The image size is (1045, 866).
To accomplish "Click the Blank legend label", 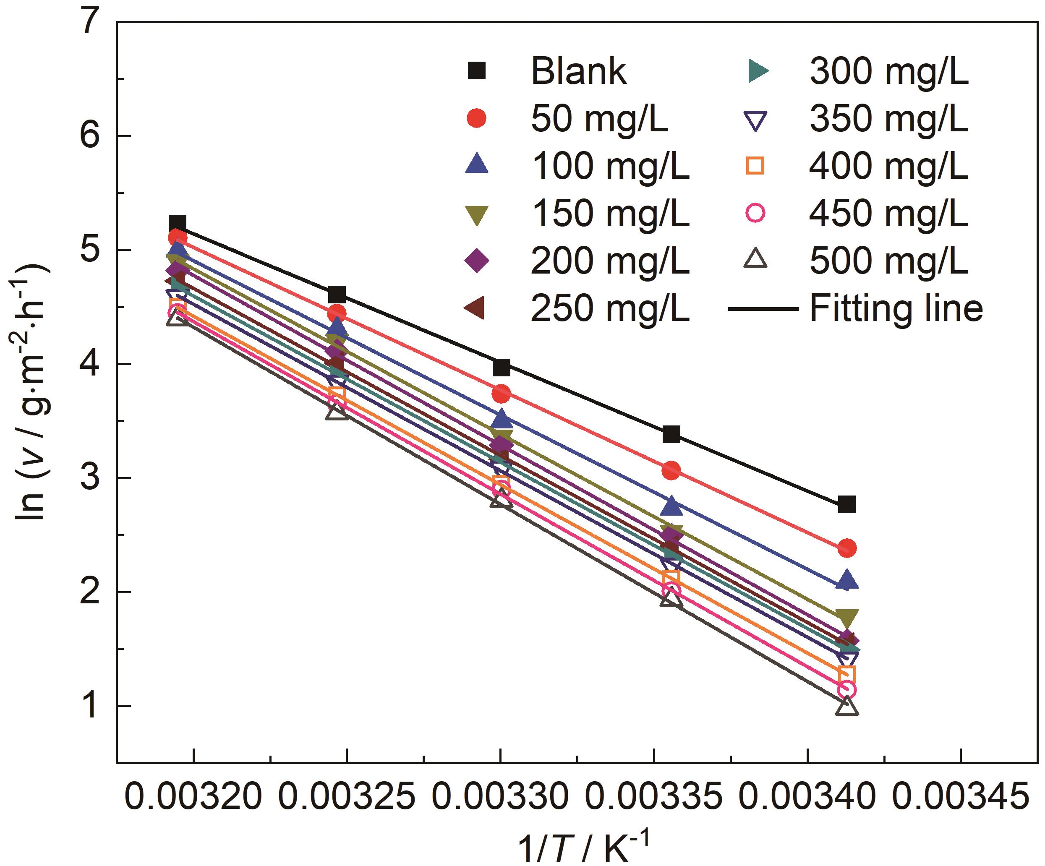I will pyautogui.click(x=578, y=72).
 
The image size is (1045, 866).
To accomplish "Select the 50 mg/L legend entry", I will pyautogui.click(x=599, y=119).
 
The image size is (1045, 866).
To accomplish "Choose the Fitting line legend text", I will pyautogui.click(x=896, y=308).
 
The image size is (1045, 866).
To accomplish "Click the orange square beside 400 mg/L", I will pyautogui.click(x=755, y=166).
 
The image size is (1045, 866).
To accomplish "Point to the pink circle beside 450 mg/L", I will pyautogui.click(x=755, y=214).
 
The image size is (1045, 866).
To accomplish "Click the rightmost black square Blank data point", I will pyautogui.click(x=846, y=504).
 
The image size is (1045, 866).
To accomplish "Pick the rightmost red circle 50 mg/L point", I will pyautogui.click(x=847, y=548).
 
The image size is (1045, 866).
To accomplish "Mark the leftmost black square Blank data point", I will pyautogui.click(x=177, y=223).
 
